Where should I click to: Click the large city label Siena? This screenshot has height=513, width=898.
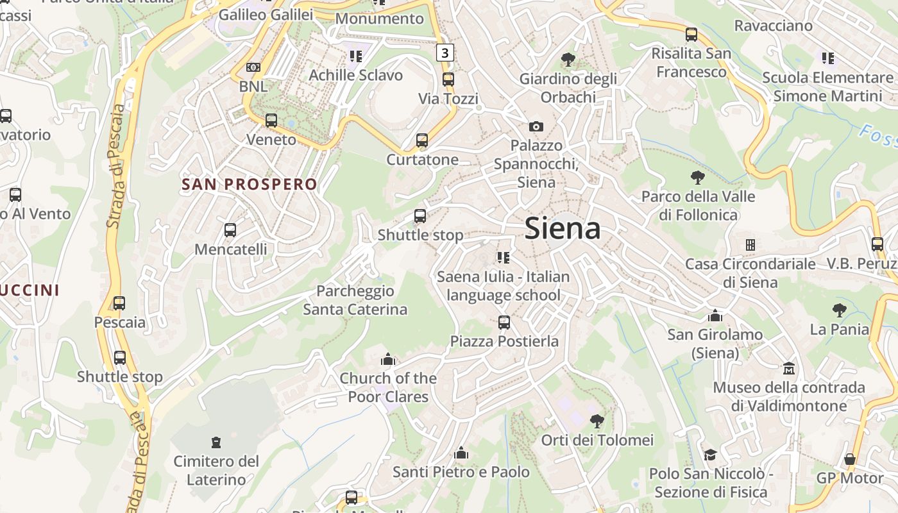(563, 228)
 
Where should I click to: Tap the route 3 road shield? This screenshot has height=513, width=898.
(445, 52)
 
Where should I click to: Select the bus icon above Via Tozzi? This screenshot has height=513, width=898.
(448, 80)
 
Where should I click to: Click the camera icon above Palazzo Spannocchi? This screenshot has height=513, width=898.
(536, 126)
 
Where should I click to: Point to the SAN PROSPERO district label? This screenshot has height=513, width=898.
(250, 185)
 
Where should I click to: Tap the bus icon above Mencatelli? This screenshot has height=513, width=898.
(230, 230)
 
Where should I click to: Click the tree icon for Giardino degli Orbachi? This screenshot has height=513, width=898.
(568, 60)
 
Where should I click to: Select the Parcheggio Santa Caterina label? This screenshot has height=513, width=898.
(355, 300)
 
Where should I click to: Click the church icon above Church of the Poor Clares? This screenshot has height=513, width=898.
(387, 359)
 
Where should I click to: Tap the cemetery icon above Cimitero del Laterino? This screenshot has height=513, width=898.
(216, 442)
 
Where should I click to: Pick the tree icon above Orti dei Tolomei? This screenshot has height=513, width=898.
(597, 421)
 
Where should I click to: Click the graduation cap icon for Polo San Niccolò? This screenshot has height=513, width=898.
(710, 455)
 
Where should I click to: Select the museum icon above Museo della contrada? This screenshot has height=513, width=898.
(789, 369)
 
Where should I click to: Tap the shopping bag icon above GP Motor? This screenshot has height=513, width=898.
(850, 459)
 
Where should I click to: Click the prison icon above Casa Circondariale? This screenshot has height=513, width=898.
(750, 245)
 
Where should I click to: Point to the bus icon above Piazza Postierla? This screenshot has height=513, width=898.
(504, 322)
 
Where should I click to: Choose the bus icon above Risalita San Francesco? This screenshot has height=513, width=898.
(691, 34)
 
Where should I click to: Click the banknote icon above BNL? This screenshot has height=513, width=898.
(253, 67)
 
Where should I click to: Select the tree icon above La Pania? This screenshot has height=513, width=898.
(839, 310)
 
